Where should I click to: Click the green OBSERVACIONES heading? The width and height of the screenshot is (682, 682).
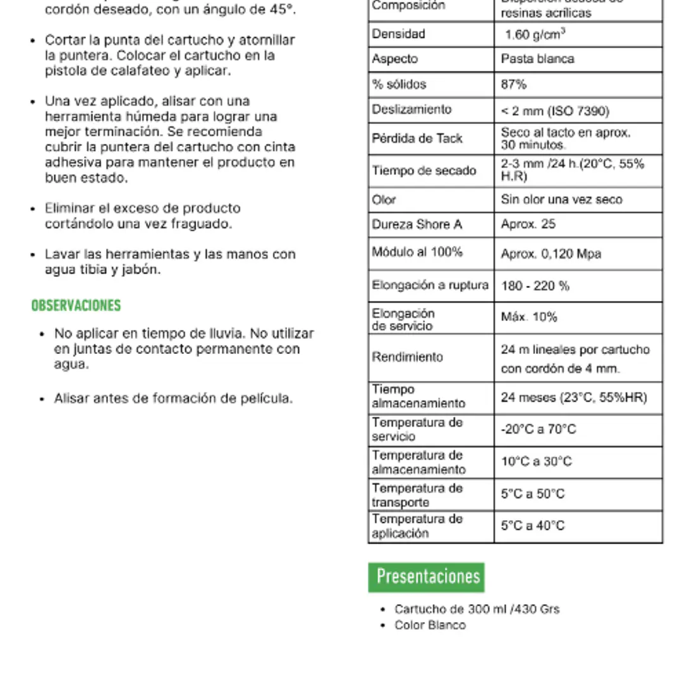[76, 306]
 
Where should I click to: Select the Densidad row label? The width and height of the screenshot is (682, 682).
[398, 34]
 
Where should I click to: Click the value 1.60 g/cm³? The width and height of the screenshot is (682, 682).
[535, 35]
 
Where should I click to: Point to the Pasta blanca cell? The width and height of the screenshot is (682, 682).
[537, 59]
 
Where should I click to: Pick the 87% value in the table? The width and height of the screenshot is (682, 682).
[513, 85]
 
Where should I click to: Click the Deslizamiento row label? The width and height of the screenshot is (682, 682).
[411, 110]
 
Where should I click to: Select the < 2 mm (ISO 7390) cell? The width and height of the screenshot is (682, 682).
[555, 111]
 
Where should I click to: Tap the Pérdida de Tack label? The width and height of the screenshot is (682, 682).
[417, 138]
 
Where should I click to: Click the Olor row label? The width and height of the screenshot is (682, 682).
[384, 200]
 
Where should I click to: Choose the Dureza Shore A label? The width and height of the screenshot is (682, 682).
[417, 224]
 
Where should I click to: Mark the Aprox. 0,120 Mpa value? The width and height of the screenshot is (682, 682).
[551, 254]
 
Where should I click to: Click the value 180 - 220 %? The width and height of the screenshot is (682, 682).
[535, 286]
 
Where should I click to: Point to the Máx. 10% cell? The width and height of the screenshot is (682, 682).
[529, 317]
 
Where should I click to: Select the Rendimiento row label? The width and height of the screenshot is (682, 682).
[407, 357]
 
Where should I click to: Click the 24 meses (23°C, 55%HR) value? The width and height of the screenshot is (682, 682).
[574, 398]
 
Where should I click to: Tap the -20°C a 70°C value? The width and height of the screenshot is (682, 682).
[539, 430]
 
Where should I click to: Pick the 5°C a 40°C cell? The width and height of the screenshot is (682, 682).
[533, 526]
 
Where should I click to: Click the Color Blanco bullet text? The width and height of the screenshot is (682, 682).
[430, 625]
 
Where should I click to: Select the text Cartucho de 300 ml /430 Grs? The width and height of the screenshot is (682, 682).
[477, 609]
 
